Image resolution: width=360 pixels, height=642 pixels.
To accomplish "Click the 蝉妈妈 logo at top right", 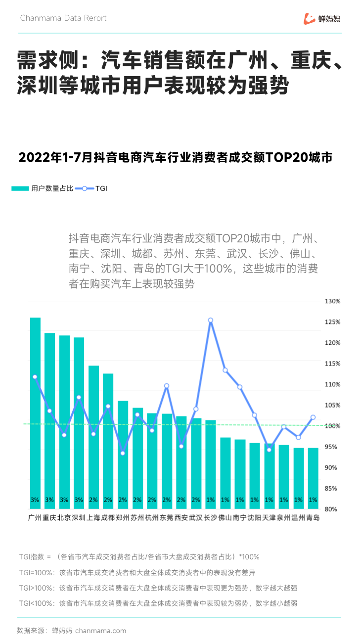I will click(322, 19).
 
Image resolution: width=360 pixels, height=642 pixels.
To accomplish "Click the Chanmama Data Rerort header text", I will click(63, 18).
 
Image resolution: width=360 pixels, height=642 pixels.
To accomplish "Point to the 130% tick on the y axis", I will click(332, 301).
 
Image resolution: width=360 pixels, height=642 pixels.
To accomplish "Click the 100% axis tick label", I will click(332, 426).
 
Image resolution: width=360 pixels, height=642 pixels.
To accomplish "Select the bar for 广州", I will click(35, 411).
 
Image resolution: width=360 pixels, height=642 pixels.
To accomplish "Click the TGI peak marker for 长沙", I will click(211, 321).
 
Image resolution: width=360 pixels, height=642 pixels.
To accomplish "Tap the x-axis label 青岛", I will click(313, 518).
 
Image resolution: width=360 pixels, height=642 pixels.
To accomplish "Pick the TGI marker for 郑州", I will click(123, 453).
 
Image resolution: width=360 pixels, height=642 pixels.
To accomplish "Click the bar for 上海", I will click(93, 435).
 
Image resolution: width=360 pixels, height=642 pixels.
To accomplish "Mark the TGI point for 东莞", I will click(167, 386).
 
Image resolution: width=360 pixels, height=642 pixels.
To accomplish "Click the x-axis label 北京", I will click(64, 518).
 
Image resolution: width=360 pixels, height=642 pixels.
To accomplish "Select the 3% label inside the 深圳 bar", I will click(79, 500).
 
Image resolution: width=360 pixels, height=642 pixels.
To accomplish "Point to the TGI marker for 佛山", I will click(225, 370).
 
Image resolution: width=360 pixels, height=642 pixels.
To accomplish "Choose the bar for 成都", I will click(108, 440).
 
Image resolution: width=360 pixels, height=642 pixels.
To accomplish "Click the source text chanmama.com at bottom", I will click(101, 631).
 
